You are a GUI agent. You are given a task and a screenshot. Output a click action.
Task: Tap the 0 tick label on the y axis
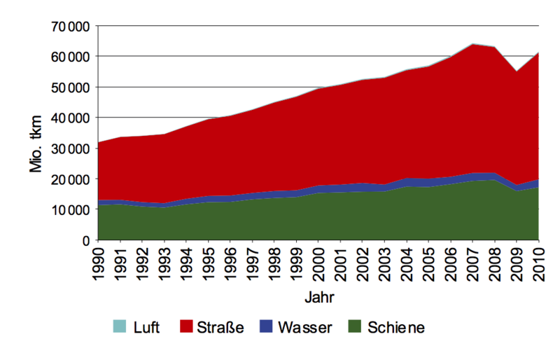click(85, 240)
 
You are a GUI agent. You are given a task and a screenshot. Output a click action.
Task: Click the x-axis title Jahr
click(319, 297)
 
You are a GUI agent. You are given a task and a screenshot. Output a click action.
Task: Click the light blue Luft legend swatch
click(119, 327)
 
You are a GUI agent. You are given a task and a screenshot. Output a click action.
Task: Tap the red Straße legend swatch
click(186, 327)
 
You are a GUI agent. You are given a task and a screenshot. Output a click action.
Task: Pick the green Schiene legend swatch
click(353, 327)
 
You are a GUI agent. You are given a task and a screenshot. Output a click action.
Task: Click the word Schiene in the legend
click(396, 327)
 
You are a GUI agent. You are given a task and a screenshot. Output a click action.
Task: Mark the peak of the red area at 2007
click(473, 44)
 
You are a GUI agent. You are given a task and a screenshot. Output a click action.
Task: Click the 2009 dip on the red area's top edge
click(517, 71)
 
